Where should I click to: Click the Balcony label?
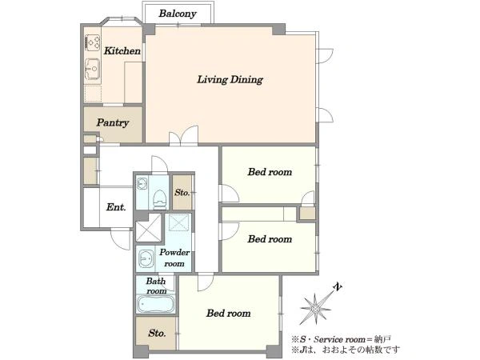pyautogui.click(x=178, y=14)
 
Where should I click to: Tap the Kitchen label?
pyautogui.click(x=122, y=51)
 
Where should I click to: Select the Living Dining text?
pyautogui.click(x=230, y=79)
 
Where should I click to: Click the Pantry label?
pyautogui.click(x=113, y=122)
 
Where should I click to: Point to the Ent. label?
pyautogui.click(x=116, y=207)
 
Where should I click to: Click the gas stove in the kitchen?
pyautogui.click(x=93, y=42)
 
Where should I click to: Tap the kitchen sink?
pyautogui.click(x=92, y=69)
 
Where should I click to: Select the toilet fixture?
pyautogui.click(x=159, y=199)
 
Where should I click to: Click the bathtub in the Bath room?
pyautogui.click(x=155, y=304)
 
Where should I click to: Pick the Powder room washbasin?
pyautogui.click(x=146, y=259)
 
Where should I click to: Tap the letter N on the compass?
pyautogui.click(x=338, y=287)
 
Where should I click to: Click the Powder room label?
pyautogui.click(x=174, y=258)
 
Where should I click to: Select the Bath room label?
pyautogui.click(x=156, y=286)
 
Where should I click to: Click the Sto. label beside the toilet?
pyautogui.click(x=182, y=193)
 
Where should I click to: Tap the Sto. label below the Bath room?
pyautogui.click(x=157, y=333)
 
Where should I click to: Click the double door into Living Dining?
pyautogui.click(x=183, y=136)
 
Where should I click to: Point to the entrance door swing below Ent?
pyautogui.click(x=120, y=238)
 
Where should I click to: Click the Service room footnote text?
pyautogui.click(x=341, y=339)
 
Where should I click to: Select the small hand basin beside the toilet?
pyautogui.click(x=142, y=184)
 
